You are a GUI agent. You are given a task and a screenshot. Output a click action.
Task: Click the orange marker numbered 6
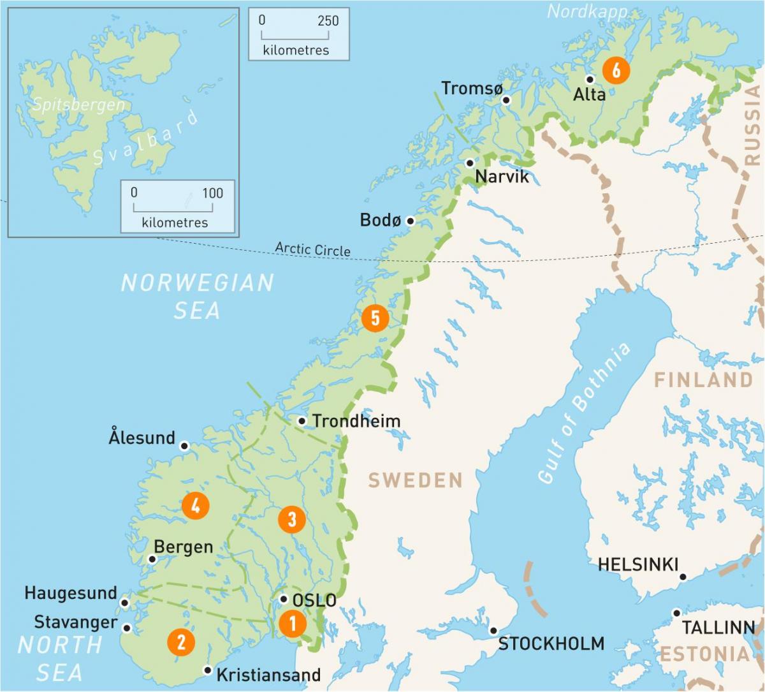tap(616, 70)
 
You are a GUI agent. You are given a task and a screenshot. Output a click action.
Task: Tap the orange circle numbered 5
tap(375, 318)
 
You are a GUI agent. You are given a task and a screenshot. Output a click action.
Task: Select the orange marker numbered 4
tap(195, 506)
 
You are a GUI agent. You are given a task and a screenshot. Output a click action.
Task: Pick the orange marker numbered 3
tap(292, 519)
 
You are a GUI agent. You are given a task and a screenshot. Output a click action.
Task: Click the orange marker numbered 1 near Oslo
tap(293, 623)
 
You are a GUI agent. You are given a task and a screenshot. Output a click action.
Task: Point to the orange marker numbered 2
tap(181, 642)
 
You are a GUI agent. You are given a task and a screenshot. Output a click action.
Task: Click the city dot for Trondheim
tap(302, 421)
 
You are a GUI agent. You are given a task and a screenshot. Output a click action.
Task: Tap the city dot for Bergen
tap(152, 559)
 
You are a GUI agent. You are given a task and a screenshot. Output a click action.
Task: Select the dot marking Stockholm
tap(493, 630)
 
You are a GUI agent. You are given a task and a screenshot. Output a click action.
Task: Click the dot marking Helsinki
tap(683, 577)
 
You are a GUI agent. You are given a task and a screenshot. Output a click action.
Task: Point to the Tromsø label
tap(472, 89)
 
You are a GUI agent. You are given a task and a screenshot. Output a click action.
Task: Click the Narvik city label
tap(502, 177)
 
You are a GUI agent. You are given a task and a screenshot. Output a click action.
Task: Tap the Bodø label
tap(380, 220)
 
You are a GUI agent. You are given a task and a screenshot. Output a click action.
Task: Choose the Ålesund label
tap(142, 438)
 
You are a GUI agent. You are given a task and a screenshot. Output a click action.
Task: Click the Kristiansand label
tap(268, 675)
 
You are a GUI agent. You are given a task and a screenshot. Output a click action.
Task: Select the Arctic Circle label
tap(313, 249)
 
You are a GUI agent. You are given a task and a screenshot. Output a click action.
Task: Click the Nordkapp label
tap(587, 11)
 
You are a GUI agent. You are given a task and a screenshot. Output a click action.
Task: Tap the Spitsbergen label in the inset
tap(78, 105)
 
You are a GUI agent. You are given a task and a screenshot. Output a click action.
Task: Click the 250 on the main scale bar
tap(328, 20)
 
